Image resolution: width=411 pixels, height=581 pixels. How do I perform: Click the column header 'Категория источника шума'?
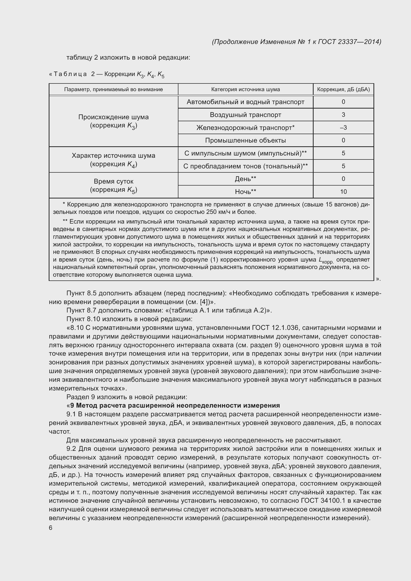coord(245,89)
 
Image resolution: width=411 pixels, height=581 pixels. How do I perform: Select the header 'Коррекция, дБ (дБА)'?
coord(343,89)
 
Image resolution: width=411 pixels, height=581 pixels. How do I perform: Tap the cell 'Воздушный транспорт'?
coord(245,115)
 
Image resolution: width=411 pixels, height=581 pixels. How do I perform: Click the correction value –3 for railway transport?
coord(343,127)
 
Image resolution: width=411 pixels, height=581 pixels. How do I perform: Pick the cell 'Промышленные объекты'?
coord(245,140)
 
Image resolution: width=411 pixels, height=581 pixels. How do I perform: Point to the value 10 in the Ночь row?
coord(343,192)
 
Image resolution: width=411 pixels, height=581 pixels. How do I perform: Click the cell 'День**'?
coord(245,179)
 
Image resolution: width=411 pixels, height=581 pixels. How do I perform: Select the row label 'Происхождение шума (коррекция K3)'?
coord(113,121)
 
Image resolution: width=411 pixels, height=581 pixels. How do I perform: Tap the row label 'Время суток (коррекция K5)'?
coord(113,186)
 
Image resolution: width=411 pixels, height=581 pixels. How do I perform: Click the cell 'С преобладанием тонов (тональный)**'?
coord(245,166)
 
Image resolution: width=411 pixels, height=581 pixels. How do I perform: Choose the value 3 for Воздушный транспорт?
coord(343,115)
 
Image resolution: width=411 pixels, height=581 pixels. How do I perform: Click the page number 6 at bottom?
coord(51,528)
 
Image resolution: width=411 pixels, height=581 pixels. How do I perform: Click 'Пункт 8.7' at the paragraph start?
coord(81,310)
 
